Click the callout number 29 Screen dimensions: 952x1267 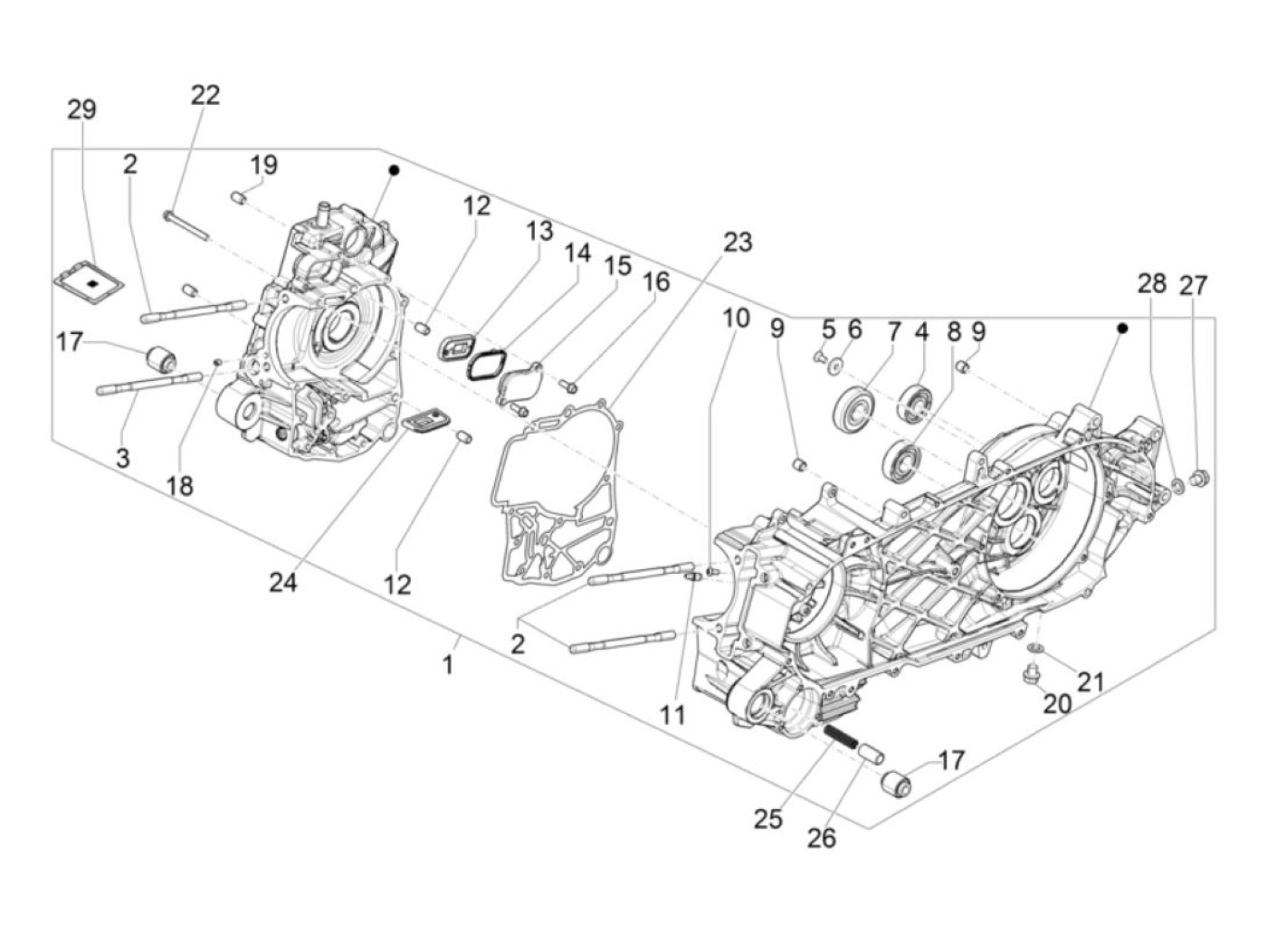[81, 110]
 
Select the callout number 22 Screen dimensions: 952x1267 [205, 95]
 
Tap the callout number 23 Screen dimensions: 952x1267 [738, 243]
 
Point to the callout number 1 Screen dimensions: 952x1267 [447, 665]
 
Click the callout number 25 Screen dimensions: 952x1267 [767, 819]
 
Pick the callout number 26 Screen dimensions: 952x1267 [822, 839]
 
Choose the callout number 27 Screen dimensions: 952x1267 [1194, 285]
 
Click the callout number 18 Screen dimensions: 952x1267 [180, 486]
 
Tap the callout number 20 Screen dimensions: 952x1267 [1057, 703]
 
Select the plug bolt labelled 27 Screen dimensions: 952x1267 [1201, 478]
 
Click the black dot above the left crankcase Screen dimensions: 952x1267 [394, 170]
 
